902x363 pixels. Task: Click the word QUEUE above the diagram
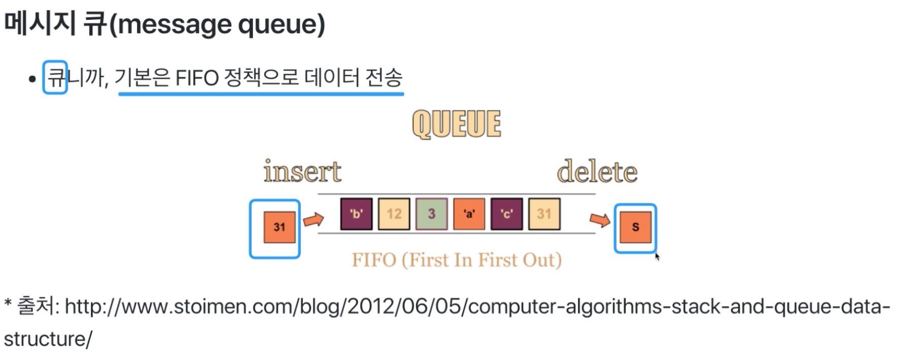point(456,124)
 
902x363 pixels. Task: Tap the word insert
point(302,172)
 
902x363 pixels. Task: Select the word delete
point(597,172)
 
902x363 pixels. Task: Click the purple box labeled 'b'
point(356,214)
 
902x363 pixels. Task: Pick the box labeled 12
point(394,214)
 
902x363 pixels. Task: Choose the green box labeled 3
point(431,214)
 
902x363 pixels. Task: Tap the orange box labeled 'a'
point(469,214)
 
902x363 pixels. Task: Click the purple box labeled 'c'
point(506,214)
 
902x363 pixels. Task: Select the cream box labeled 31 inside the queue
point(544,214)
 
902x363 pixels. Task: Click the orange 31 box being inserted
point(279,227)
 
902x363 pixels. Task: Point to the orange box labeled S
point(635,227)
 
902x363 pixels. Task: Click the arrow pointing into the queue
point(313,220)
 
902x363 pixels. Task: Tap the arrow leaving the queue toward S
point(600,220)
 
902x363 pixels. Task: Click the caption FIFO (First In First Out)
point(457,260)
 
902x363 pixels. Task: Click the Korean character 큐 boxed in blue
point(55,77)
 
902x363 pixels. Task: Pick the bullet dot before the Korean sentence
point(33,79)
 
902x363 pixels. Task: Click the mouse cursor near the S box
point(657,256)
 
